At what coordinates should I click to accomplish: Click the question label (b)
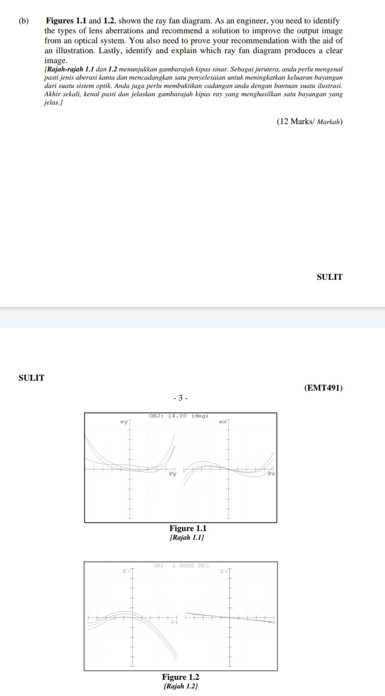pos(24,21)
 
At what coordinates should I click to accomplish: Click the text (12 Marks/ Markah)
pos(309,121)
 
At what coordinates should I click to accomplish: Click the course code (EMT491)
pos(323,388)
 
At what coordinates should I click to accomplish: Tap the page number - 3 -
pos(181,398)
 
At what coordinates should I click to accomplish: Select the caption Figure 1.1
pos(187,528)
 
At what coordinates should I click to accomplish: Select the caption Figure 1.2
pos(180,677)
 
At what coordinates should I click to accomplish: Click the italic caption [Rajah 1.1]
pos(187,537)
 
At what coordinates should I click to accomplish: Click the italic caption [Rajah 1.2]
pos(180,686)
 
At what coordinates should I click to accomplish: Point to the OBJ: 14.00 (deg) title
pos(178,416)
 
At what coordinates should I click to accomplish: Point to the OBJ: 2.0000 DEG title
pos(181,565)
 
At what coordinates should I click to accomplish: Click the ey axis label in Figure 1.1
pos(124,422)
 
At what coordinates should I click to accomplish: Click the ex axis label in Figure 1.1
pos(223,422)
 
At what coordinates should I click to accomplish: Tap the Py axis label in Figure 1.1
pos(173,474)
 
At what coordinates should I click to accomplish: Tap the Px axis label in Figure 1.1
pos(271,474)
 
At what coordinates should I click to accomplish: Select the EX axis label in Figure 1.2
pos(224,571)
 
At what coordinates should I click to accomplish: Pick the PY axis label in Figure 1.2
pos(174,622)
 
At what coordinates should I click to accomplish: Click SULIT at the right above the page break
pos(329,277)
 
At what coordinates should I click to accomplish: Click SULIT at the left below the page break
pos(32,378)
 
